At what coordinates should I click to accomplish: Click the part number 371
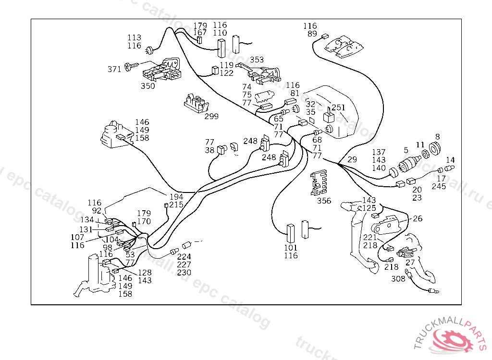(x=114, y=69)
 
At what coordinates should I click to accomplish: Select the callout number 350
(x=148, y=86)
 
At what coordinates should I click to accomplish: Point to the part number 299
(x=211, y=116)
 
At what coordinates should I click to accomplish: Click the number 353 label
(x=257, y=60)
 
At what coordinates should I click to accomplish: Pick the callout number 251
(x=339, y=107)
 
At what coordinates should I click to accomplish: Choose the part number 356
(x=324, y=201)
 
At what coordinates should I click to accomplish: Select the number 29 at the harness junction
(x=352, y=159)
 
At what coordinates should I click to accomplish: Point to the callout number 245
(x=439, y=186)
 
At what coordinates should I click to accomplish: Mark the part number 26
(x=418, y=218)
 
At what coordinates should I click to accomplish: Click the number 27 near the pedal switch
(x=410, y=263)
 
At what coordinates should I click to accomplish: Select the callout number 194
(x=176, y=197)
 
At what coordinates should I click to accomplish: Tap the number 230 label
(x=184, y=272)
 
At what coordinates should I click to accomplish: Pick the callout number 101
(x=291, y=248)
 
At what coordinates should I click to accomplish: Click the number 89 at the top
(x=312, y=34)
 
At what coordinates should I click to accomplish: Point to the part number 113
(x=134, y=37)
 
